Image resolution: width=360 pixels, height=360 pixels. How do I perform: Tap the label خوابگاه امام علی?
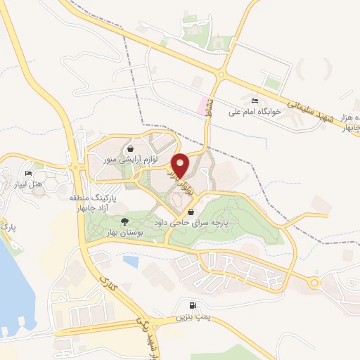[253, 111]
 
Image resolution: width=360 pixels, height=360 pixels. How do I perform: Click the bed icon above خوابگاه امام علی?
[254, 101]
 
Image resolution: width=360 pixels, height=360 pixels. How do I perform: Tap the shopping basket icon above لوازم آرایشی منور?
[131, 149]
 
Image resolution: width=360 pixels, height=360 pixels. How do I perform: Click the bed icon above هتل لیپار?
[29, 174]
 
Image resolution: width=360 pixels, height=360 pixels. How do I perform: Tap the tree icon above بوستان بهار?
[125, 221]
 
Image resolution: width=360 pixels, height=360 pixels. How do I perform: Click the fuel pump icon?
[192, 307]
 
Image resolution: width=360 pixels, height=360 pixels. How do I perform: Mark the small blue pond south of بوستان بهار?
[130, 262]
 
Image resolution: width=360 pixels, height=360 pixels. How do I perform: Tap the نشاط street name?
[207, 127]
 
